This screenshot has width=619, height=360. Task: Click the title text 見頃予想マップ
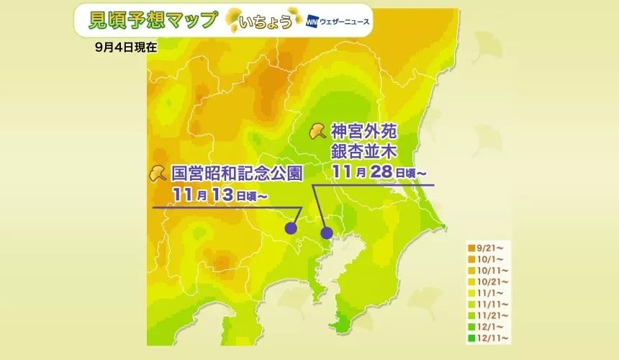tap(152, 20)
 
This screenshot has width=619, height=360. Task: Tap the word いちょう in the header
tap(268, 22)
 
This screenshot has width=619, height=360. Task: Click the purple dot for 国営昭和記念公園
tap(291, 228)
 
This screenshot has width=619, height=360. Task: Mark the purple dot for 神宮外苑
tap(327, 233)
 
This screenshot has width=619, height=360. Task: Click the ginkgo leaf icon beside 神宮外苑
tap(316, 131)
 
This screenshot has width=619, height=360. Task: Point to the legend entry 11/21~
tap(485, 315)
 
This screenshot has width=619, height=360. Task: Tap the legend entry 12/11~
tap(485, 338)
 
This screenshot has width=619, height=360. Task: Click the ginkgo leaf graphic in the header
tap(237, 21)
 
